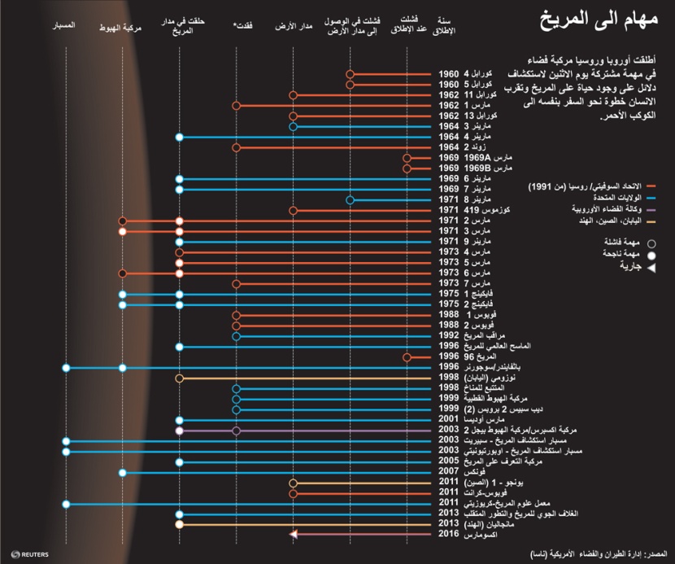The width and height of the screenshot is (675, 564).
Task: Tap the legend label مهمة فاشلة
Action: (x=631, y=242)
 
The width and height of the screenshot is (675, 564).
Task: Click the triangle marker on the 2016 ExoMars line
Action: (x=293, y=534)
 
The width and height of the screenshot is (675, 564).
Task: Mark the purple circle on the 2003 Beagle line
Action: (x=236, y=430)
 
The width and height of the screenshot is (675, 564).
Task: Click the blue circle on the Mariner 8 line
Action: (x=350, y=200)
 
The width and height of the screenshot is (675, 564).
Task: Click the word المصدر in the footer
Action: (x=655, y=553)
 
